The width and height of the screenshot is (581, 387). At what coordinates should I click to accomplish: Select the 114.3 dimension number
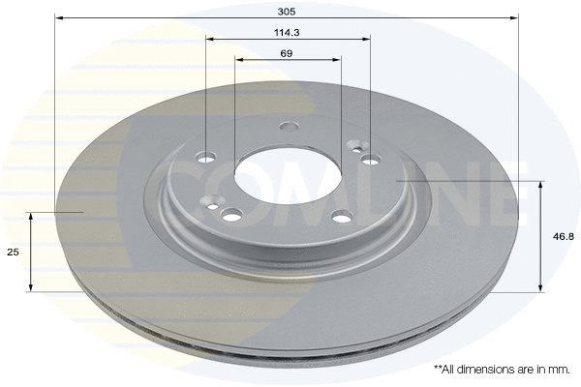click(x=287, y=31)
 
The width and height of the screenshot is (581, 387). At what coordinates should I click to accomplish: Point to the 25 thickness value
click(x=13, y=252)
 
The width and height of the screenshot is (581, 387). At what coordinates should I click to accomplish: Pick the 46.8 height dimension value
click(x=560, y=235)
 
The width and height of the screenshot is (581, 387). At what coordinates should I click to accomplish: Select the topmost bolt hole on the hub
click(x=289, y=126)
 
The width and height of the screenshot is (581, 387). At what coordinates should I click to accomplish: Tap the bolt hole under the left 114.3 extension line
click(x=207, y=157)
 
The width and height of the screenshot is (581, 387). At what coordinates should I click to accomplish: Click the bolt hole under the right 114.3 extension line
click(x=371, y=160)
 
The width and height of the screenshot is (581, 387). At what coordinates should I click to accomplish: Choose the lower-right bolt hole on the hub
click(x=341, y=218)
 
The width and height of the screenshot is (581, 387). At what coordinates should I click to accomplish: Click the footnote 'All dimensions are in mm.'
click(x=502, y=370)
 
